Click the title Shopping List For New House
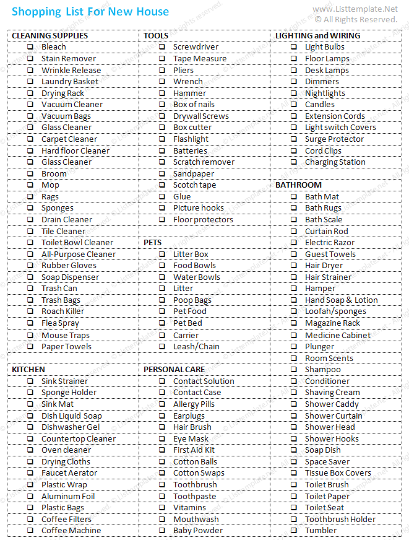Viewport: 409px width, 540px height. click(x=90, y=12)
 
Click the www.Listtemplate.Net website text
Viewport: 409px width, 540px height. click(x=355, y=9)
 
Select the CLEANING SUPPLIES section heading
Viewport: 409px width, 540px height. click(x=50, y=35)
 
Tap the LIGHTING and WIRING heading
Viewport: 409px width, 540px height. click(x=317, y=35)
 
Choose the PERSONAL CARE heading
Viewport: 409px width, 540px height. click(x=174, y=370)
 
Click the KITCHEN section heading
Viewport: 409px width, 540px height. click(x=28, y=370)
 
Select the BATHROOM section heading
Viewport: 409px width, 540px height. click(x=298, y=185)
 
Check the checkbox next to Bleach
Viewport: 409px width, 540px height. click(x=30, y=47)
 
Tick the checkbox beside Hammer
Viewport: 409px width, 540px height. click(x=161, y=94)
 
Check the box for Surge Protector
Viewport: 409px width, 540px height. click(x=294, y=139)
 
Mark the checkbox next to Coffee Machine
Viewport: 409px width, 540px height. click(x=30, y=531)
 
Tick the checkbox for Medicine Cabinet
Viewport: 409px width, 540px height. click(x=294, y=336)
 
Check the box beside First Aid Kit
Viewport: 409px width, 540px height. click(x=161, y=450)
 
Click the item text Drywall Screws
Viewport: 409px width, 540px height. click(x=200, y=116)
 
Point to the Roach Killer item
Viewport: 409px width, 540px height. click(x=62, y=311)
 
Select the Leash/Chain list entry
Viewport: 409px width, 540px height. click(x=196, y=347)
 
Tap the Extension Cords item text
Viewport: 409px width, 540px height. click(x=335, y=116)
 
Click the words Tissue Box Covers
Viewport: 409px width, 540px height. click(x=338, y=473)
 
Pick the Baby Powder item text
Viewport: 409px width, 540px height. click(x=198, y=531)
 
